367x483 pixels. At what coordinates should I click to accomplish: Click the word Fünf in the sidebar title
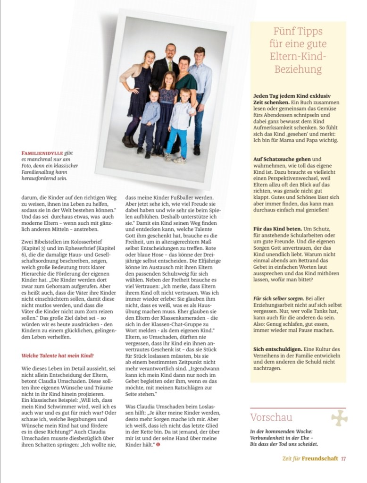(x=283, y=32)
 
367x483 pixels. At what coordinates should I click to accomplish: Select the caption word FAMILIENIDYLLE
(x=43, y=153)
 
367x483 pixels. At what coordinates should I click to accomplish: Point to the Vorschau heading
(x=271, y=417)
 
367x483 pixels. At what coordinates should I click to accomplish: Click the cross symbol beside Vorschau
(x=339, y=418)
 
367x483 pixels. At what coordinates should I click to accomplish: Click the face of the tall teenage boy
(x=199, y=56)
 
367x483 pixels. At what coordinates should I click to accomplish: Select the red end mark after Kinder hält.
(x=158, y=445)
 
